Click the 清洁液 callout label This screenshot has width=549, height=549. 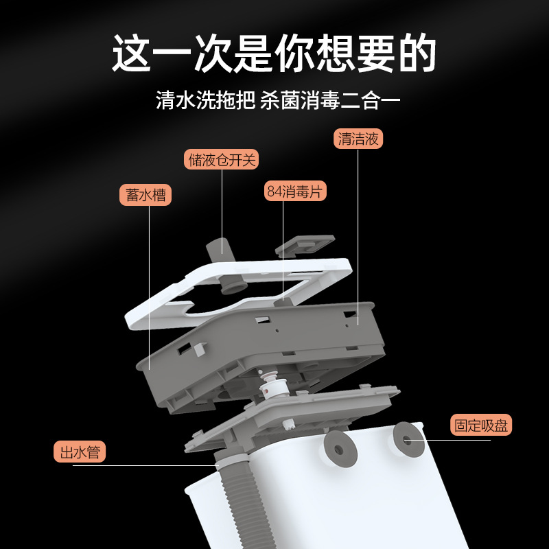[x=358, y=139]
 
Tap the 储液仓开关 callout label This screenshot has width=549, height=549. [x=222, y=160]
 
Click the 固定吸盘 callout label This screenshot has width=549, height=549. [x=481, y=425]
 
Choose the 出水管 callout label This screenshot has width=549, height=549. [x=80, y=452]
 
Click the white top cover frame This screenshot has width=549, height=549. [x=165, y=305]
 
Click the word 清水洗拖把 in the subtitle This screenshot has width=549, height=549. [x=205, y=101]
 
